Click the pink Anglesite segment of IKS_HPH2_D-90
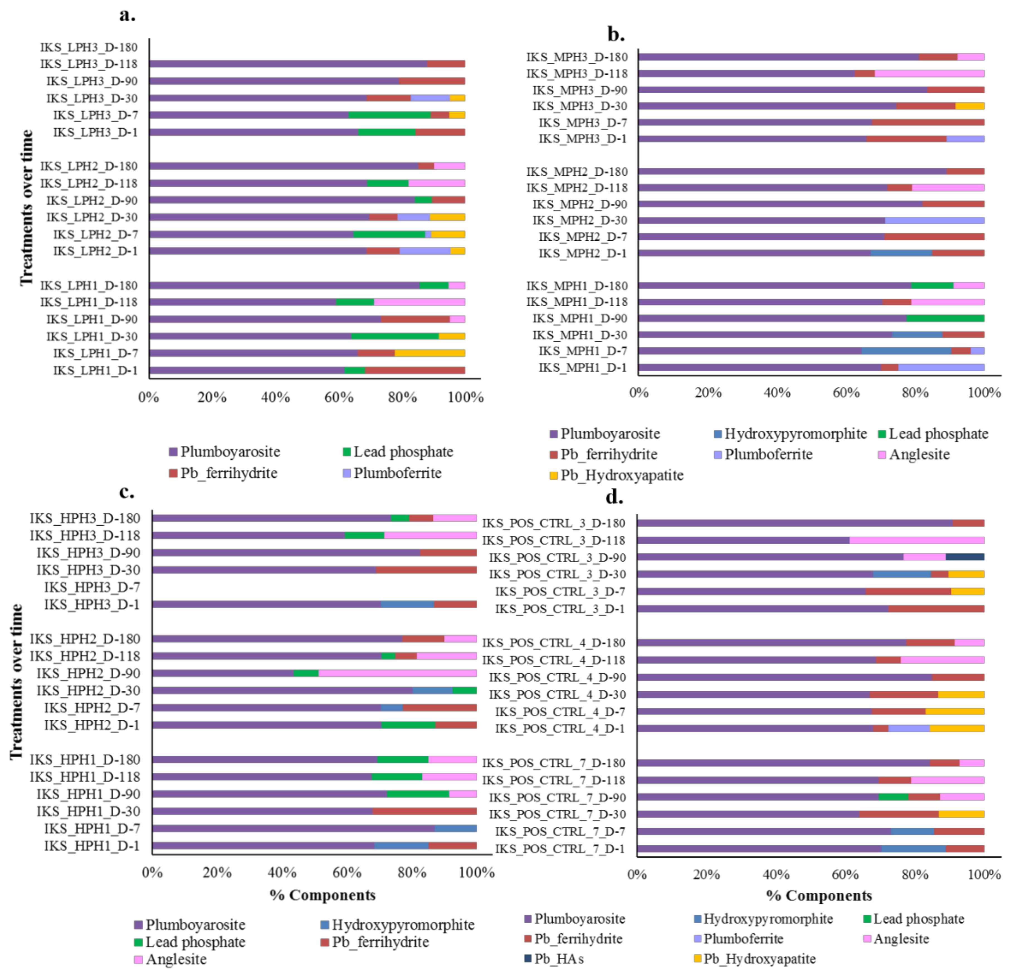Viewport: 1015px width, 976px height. (397, 673)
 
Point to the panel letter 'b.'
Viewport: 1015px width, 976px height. (616, 35)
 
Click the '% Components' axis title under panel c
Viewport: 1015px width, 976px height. (323, 895)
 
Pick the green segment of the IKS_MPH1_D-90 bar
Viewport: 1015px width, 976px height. (945, 318)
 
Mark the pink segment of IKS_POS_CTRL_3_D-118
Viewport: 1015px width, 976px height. (917, 540)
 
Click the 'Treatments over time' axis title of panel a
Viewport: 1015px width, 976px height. (27, 207)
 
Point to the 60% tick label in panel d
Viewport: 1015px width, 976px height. (845, 875)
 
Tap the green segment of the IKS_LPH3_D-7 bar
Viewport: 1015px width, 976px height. (389, 115)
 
